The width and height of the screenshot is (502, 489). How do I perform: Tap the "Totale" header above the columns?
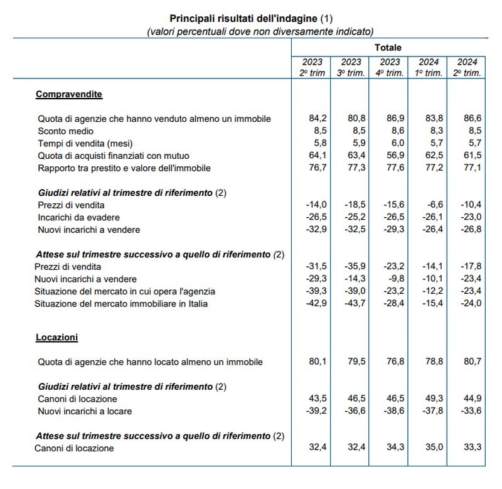(388, 47)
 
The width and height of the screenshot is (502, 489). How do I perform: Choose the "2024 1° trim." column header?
(426, 67)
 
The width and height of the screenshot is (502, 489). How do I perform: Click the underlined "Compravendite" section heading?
(69, 94)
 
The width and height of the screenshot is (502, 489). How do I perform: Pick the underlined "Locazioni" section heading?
(56, 337)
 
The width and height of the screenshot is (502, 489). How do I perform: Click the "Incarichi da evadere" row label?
(78, 217)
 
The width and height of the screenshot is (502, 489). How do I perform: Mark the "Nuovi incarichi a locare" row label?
(85, 411)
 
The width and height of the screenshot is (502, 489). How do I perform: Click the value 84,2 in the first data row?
(312, 119)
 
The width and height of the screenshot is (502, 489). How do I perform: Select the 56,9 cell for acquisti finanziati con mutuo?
(388, 155)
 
